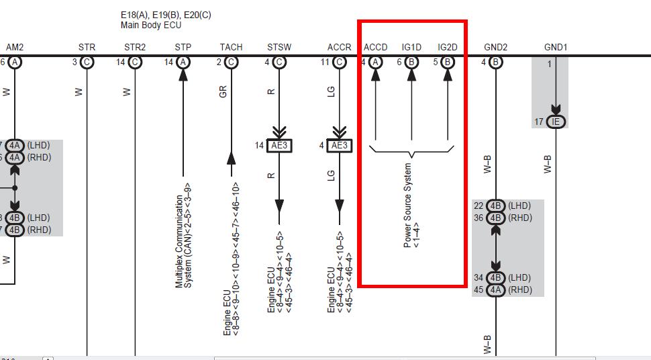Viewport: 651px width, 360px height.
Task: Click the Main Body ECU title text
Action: [x=151, y=25]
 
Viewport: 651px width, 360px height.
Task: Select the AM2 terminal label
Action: [x=15, y=47]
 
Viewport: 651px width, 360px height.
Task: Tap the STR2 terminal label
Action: [x=135, y=47]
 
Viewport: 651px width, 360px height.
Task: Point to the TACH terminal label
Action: [x=231, y=47]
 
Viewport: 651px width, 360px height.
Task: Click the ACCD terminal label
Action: [x=375, y=47]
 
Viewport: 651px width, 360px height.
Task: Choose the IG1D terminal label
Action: [x=411, y=47]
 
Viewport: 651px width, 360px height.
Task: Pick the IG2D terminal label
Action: [x=448, y=47]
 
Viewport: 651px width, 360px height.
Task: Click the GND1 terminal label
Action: [x=556, y=47]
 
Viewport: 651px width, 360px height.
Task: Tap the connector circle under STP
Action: [x=183, y=62]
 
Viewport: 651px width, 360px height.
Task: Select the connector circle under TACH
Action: [x=231, y=62]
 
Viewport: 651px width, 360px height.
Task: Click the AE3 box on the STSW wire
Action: [x=279, y=146]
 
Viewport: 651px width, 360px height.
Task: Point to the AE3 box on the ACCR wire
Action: [x=339, y=146]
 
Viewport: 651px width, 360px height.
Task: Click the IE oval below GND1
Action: [x=556, y=122]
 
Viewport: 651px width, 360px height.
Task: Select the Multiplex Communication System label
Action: [x=183, y=235]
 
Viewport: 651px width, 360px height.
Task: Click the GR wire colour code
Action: [x=223, y=91]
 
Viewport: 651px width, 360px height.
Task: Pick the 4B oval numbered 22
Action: [x=495, y=206]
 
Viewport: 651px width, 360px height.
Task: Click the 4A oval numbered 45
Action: [x=495, y=289]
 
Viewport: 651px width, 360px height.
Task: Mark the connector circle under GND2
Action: [x=495, y=62]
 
